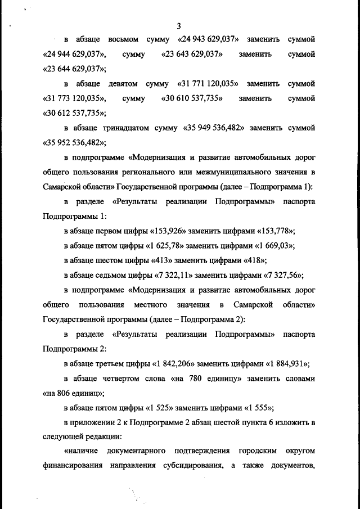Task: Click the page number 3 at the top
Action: pyautogui.click(x=179, y=26)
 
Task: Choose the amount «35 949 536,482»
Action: pyautogui.click(x=214, y=128)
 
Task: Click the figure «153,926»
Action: pyautogui.click(x=175, y=231)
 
